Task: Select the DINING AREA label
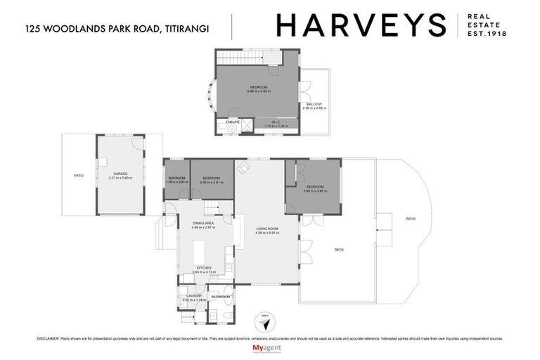[x=204, y=224]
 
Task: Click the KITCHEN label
[x=204, y=268]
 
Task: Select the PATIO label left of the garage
[x=79, y=175]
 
